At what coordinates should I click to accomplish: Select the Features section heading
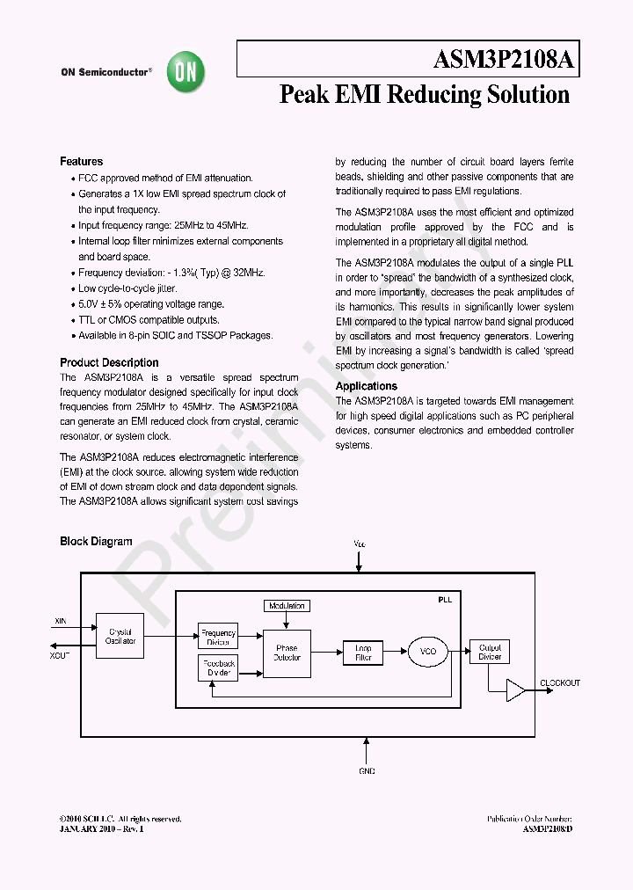pyautogui.click(x=81, y=162)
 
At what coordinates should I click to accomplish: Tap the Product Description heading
pyautogui.click(x=109, y=362)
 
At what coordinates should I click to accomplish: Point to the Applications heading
pyautogui.click(x=366, y=386)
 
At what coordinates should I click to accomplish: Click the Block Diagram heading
pyautogui.click(x=96, y=542)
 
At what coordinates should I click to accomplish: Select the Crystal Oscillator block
pyautogui.click(x=120, y=636)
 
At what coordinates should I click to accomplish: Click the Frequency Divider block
pyautogui.click(x=218, y=637)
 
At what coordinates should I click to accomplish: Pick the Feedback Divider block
pyautogui.click(x=218, y=668)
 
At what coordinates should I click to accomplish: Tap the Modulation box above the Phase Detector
pyautogui.click(x=287, y=606)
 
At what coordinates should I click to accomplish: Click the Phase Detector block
pyautogui.click(x=287, y=653)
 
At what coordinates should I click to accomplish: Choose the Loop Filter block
pyautogui.click(x=363, y=653)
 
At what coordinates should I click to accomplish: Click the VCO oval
pyautogui.click(x=427, y=652)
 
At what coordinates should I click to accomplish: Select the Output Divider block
pyautogui.click(x=489, y=652)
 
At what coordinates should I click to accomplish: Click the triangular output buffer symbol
pyautogui.click(x=515, y=691)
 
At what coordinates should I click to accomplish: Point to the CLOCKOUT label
pyautogui.click(x=560, y=683)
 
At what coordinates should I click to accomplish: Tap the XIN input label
pyautogui.click(x=61, y=621)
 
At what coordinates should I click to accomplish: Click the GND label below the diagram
pyautogui.click(x=367, y=771)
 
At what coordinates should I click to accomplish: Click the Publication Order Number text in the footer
pyautogui.click(x=529, y=819)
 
